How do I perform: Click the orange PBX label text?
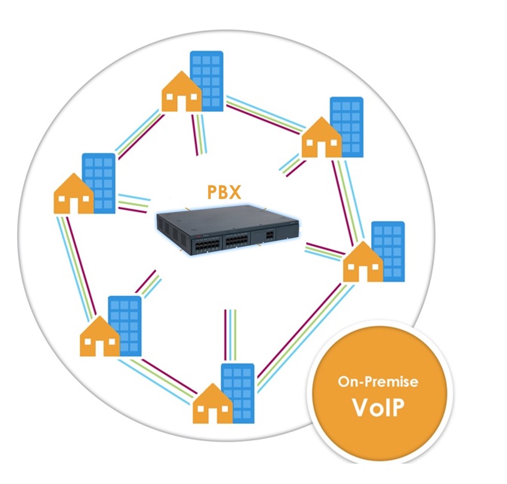tap(224, 192)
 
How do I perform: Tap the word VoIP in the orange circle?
tap(378, 407)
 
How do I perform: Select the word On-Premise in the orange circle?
tap(378, 382)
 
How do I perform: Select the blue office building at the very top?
tap(207, 80)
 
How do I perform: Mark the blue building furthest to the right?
tap(388, 251)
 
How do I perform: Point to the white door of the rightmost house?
tap(363, 274)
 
